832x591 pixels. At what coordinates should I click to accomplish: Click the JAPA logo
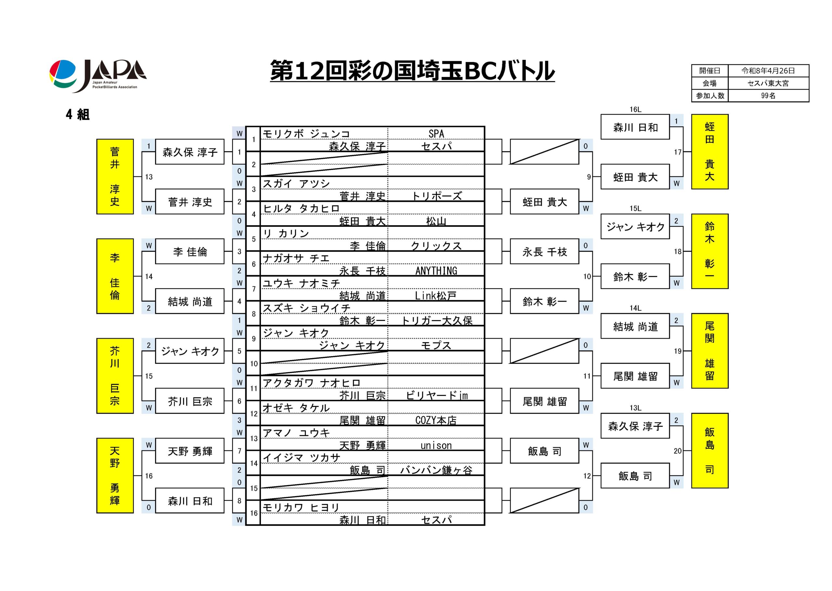click(97, 75)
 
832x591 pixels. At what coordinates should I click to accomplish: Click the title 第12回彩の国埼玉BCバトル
click(412, 70)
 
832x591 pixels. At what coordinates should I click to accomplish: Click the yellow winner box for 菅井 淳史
click(115, 177)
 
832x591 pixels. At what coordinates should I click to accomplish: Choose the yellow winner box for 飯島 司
click(709, 450)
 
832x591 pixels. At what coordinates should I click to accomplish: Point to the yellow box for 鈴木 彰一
click(709, 251)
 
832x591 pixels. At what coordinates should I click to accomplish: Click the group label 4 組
click(78, 115)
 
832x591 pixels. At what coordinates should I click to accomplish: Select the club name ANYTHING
click(436, 271)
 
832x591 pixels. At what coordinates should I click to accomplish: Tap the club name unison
click(436, 446)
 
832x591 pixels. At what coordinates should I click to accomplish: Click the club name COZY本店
click(436, 420)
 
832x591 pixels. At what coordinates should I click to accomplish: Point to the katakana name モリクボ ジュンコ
click(306, 134)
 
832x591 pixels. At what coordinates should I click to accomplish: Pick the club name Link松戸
click(436, 295)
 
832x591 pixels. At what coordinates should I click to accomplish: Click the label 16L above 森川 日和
click(635, 109)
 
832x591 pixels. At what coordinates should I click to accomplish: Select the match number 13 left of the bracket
click(149, 177)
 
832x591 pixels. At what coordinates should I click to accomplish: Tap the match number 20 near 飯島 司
click(677, 451)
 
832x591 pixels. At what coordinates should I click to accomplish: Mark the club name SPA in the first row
click(436, 134)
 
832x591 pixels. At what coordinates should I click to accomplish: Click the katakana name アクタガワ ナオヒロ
click(312, 383)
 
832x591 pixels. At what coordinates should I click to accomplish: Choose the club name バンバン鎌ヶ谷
click(436, 470)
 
